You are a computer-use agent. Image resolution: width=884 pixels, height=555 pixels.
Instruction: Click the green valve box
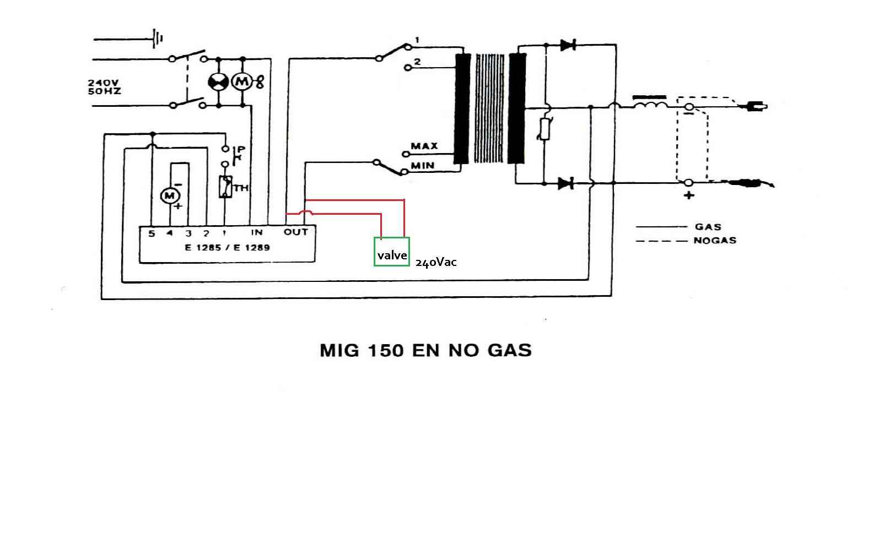click(392, 252)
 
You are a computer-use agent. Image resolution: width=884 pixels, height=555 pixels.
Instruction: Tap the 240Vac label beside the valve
click(436, 263)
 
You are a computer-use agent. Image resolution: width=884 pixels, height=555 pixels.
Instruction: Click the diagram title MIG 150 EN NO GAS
click(425, 351)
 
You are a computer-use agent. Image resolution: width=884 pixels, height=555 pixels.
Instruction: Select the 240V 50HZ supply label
click(104, 87)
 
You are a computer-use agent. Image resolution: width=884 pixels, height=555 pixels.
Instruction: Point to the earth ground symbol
click(158, 39)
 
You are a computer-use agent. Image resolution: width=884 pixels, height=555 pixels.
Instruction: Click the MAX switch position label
click(424, 146)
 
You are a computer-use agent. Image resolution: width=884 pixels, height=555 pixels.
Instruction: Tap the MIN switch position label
click(422, 165)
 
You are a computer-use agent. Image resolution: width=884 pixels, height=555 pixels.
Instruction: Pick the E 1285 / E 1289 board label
click(227, 248)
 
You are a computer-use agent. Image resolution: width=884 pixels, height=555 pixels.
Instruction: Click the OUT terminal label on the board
click(295, 232)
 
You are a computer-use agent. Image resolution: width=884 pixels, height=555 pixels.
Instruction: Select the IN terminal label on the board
click(257, 232)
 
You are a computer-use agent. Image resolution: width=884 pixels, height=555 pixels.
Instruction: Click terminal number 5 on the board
click(152, 233)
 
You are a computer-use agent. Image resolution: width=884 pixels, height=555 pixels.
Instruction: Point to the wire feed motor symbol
click(169, 196)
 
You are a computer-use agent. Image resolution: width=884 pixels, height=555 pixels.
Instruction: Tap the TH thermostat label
click(241, 188)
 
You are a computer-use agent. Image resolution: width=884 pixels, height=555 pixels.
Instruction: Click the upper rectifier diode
click(567, 45)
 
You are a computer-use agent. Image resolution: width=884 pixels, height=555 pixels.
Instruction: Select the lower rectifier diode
click(565, 183)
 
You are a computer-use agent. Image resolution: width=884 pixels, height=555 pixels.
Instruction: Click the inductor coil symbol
click(650, 103)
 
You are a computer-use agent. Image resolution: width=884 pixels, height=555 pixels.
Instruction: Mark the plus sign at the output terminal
click(689, 195)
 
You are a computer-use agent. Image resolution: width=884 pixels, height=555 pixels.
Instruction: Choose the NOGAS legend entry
click(715, 241)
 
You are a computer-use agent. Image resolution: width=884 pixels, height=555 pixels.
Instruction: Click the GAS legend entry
click(708, 227)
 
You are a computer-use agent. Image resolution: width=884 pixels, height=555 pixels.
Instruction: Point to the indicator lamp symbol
click(218, 83)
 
